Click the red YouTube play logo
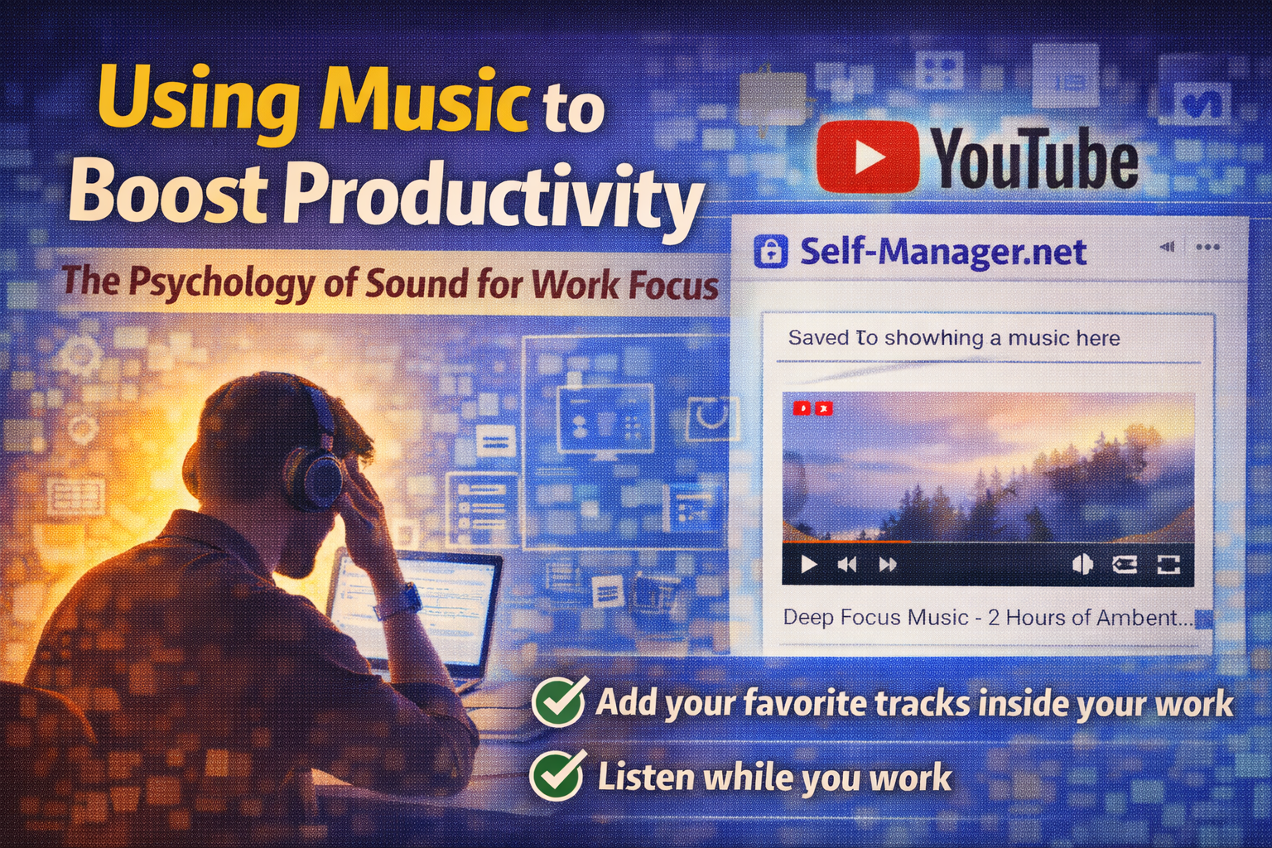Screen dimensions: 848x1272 867,157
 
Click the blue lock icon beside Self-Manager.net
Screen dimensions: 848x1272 770,251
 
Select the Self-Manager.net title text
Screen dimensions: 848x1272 942,252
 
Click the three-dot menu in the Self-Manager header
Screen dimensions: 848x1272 1207,247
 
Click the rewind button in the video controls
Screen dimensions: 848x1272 847,565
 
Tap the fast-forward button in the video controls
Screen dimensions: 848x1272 888,565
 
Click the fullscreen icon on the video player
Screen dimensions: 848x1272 1168,565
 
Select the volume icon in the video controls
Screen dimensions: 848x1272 1082,565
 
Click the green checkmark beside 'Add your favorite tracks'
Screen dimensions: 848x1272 559,701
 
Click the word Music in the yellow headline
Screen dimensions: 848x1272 422,101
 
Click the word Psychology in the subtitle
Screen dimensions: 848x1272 221,282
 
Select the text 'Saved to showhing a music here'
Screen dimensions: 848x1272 953,338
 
